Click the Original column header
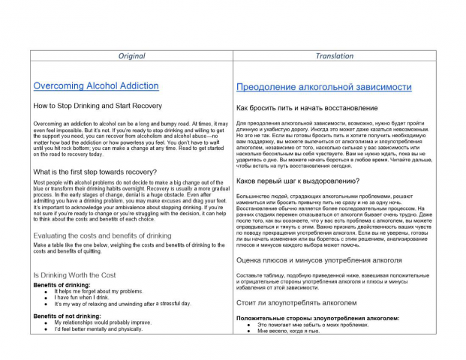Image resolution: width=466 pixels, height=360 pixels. point(132,55)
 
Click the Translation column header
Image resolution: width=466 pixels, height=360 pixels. point(335,55)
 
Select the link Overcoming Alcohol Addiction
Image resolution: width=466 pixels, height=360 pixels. point(96,86)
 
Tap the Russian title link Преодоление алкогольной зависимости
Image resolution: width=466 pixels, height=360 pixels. point(324,88)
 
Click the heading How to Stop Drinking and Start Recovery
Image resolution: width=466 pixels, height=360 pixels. point(98,106)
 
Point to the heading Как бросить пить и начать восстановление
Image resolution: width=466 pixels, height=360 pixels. point(307,108)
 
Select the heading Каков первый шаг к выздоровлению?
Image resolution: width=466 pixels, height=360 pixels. point(298,181)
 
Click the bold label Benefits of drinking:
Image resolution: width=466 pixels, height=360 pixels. point(62,285)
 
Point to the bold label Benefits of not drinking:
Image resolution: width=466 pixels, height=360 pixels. point(67,316)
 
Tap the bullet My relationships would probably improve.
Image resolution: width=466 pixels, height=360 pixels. point(102,322)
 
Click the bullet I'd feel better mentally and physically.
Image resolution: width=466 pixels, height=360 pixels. point(98,328)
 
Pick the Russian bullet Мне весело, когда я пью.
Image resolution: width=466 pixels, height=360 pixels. point(288,330)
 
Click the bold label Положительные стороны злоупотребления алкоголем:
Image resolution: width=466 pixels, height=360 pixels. point(317,318)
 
